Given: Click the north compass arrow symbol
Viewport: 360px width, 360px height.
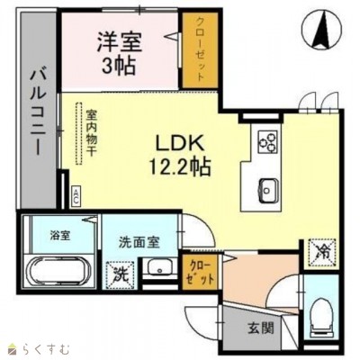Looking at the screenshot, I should (x=319, y=30).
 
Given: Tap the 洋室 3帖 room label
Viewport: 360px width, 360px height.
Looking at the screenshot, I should (x=120, y=52).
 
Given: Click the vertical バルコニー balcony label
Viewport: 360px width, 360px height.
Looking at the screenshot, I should (x=38, y=112).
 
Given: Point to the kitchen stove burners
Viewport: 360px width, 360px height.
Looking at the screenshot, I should (x=268, y=141).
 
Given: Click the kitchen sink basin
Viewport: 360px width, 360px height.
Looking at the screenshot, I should (x=267, y=189).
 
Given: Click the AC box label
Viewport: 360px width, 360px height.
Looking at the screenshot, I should (x=76, y=193).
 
